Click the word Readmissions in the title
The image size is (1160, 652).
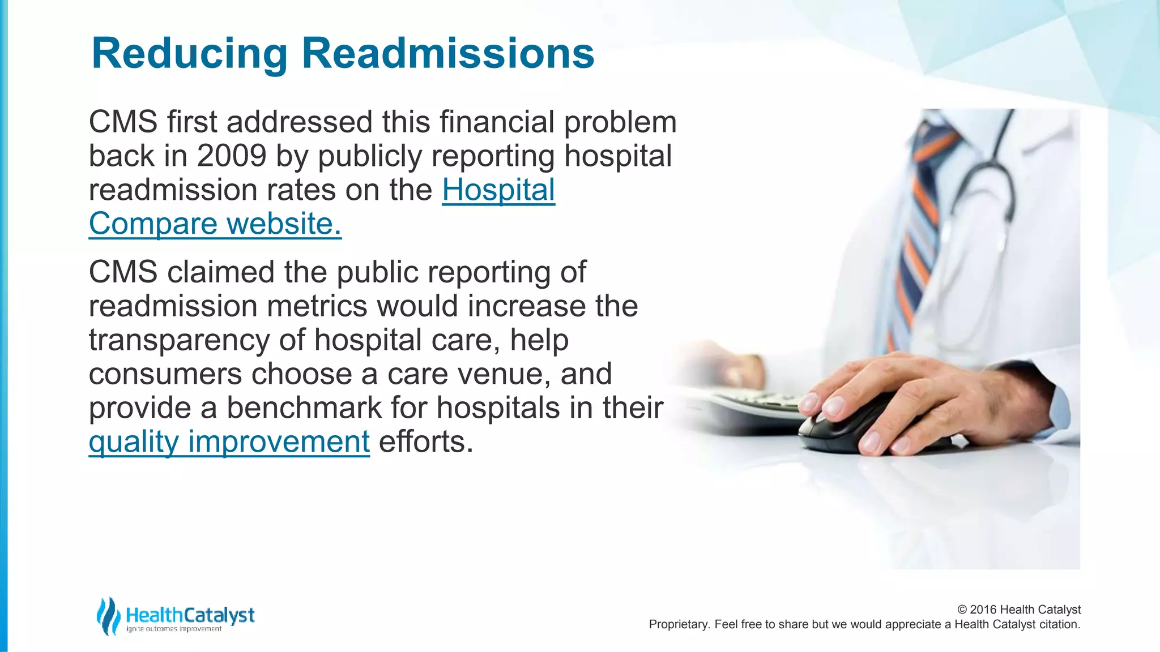pyautogui.click(x=447, y=54)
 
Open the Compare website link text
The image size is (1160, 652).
pyautogui.click(x=215, y=224)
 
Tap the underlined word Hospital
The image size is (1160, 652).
pyautogui.click(x=498, y=190)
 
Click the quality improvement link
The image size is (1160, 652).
pyautogui.click(x=229, y=441)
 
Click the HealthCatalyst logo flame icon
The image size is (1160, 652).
pyautogui.click(x=108, y=616)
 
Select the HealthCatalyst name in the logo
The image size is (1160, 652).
pyautogui.click(x=190, y=615)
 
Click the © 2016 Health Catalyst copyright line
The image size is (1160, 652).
pyautogui.click(x=1018, y=610)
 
